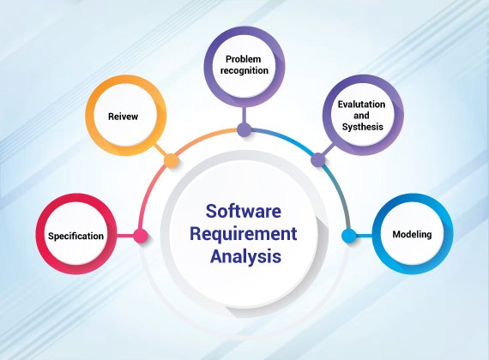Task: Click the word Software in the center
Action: [x=244, y=211]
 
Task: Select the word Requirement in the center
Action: [x=244, y=234]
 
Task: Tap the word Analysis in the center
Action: [x=245, y=256]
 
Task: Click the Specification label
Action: [x=75, y=236]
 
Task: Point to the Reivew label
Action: [x=123, y=117]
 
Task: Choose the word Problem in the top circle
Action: [x=244, y=59]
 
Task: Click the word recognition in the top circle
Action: [x=244, y=70]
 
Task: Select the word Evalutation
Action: [x=361, y=104]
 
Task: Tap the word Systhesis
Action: [x=362, y=127]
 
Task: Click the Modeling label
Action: [x=412, y=234]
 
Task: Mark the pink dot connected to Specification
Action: [x=141, y=236]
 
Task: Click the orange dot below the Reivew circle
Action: [x=172, y=161]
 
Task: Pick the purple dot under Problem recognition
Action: [x=244, y=129]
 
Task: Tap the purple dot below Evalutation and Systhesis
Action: [x=318, y=160]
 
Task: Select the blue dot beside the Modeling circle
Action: [x=348, y=236]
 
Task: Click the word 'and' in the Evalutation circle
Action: [x=361, y=116]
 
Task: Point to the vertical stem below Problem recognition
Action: [x=244, y=115]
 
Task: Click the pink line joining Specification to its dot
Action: [x=125, y=236]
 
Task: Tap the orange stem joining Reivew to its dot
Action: [x=160, y=150]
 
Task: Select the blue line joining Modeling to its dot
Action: [x=364, y=236]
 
